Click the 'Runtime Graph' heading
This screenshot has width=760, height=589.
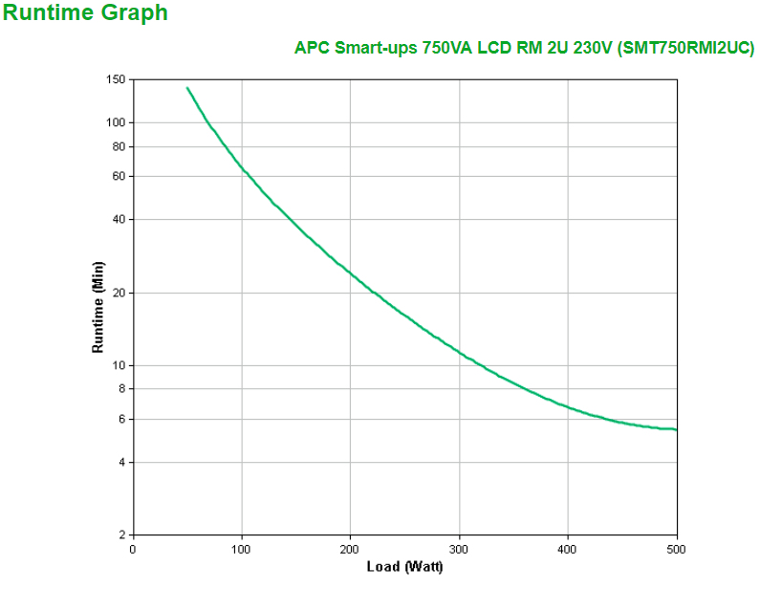coord(85,13)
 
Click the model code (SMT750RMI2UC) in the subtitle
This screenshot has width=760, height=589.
coord(686,48)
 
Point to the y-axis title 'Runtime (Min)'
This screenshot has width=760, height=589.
coord(98,306)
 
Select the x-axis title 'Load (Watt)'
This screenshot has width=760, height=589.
coord(404,567)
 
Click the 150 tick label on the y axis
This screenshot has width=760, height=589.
coord(116,79)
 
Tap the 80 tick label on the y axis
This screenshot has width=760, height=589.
coord(119,146)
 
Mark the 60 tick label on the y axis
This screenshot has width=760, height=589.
coord(119,176)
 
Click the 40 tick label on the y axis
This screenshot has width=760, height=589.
coord(119,219)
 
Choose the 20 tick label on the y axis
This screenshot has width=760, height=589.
coord(119,293)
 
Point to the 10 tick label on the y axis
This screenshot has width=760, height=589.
coord(119,365)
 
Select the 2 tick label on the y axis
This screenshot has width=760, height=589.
coord(121,534)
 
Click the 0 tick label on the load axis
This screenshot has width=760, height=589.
coord(133,549)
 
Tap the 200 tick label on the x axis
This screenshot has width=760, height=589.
coord(350,549)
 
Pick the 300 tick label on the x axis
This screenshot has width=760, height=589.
coord(459,549)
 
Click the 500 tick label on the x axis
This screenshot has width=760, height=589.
coord(676,549)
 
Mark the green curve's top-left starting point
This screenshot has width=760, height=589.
coord(187,88)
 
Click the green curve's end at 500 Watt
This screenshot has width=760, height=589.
coord(676,429)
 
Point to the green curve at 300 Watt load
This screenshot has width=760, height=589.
coord(459,353)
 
